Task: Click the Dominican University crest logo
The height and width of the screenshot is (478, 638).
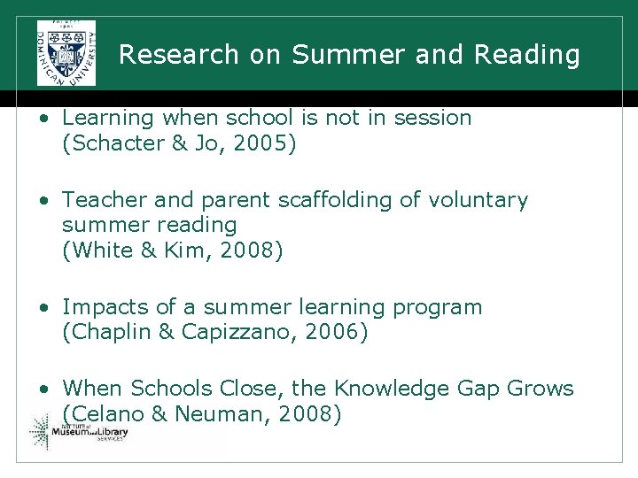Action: [x=66, y=52]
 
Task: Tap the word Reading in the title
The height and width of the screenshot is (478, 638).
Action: [x=526, y=55]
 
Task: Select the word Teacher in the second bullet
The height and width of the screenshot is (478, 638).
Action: [x=98, y=200]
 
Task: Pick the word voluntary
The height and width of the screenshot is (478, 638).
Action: [x=478, y=200]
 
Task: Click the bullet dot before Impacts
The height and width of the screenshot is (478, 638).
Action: [x=43, y=308]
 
